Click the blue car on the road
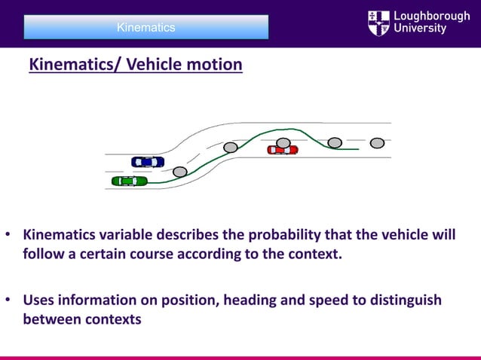(148, 162)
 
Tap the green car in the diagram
(129, 181)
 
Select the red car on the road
(283, 150)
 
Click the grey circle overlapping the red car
(283, 142)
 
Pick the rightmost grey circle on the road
(377, 143)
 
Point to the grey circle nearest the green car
(179, 172)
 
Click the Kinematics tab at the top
(146, 27)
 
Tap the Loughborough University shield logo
(378, 23)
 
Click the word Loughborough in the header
(432, 16)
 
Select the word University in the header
(421, 30)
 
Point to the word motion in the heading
(215, 65)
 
